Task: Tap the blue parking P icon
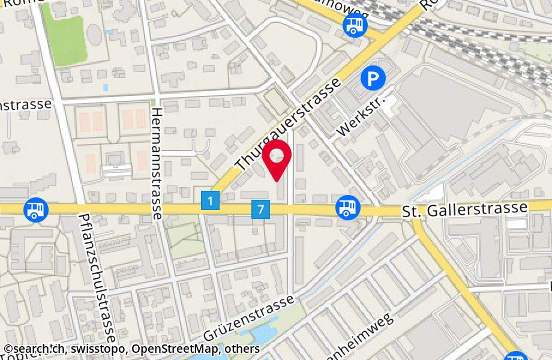tap(373, 77)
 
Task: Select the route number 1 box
tap(210, 200)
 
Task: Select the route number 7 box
tap(260, 210)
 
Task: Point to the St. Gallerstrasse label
tap(464, 209)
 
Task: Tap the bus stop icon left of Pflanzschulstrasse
tap(35, 209)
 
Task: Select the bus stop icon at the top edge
tap(355, 25)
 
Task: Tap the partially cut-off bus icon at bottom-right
tap(516, 356)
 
